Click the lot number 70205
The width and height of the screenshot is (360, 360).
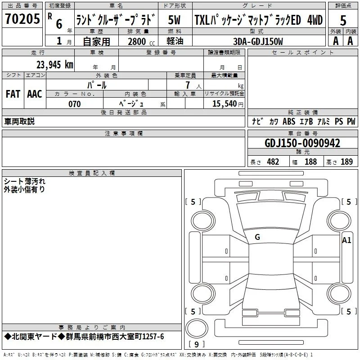tap(22, 18)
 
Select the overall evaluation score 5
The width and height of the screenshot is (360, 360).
tap(343, 21)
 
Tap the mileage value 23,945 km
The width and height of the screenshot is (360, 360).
tap(55, 65)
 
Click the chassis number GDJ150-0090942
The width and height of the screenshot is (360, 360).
tap(302, 143)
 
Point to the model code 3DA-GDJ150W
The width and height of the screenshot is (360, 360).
tap(258, 41)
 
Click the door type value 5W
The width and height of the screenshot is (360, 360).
tap(174, 20)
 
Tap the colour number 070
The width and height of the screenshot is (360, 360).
tap(75, 104)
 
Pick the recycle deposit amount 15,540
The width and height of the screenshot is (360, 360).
tap(225, 103)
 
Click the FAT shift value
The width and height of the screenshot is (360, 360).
tap(13, 94)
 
